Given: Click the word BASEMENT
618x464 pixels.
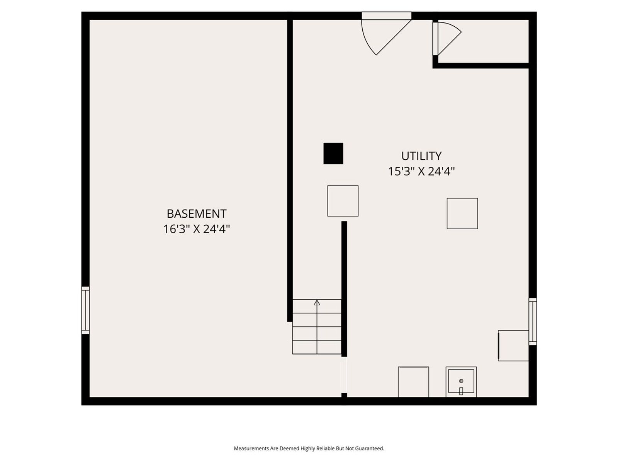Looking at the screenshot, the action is [196, 214].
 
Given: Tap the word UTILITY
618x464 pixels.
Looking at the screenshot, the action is [421, 156].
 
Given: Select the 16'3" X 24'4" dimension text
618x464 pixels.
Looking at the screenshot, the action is [197, 229].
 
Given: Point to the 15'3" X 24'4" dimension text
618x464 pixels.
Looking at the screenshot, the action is [421, 171].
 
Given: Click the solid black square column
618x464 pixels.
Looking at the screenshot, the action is [333, 153].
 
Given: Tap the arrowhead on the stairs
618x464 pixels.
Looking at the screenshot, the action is [317, 303].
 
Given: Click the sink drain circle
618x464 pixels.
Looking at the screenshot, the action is [461, 381].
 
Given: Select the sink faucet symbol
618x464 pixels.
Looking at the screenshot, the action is [461, 391].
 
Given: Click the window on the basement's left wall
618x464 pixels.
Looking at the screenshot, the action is [86, 310].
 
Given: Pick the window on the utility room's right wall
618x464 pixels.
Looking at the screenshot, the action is [532, 321].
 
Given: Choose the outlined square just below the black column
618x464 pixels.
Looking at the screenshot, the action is [343, 201].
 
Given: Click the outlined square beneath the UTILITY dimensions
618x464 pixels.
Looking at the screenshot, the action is [462, 213].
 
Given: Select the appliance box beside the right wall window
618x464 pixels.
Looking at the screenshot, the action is [513, 345].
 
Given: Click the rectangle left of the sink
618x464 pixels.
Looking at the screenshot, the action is [413, 382].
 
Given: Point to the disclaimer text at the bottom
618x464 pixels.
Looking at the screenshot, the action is [309, 448].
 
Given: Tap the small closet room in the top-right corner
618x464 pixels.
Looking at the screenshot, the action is [483, 41].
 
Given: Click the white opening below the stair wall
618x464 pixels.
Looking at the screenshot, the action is [344, 375].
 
